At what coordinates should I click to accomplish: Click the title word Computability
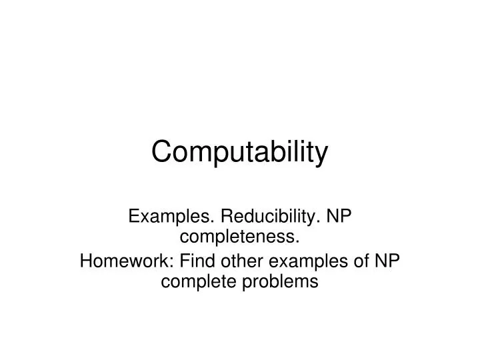(x=240, y=153)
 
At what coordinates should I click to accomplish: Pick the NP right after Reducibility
(x=340, y=217)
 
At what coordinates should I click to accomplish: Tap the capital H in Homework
(x=85, y=260)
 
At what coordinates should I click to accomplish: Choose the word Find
(x=186, y=260)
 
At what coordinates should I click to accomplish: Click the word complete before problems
(x=197, y=281)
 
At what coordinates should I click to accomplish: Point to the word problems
(x=279, y=281)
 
